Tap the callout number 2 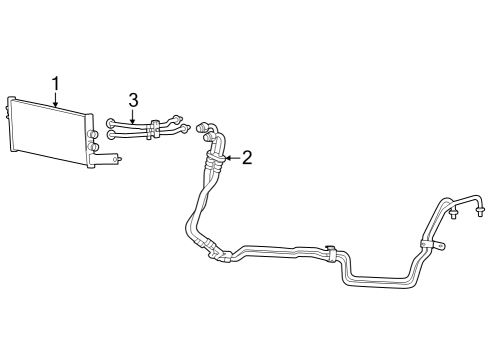(246, 157)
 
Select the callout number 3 (132, 99)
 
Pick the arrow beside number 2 (230, 157)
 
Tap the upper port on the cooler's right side (92, 133)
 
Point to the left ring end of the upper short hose (111, 123)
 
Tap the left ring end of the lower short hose (111, 135)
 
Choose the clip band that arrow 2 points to (212, 156)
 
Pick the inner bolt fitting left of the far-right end (454, 214)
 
